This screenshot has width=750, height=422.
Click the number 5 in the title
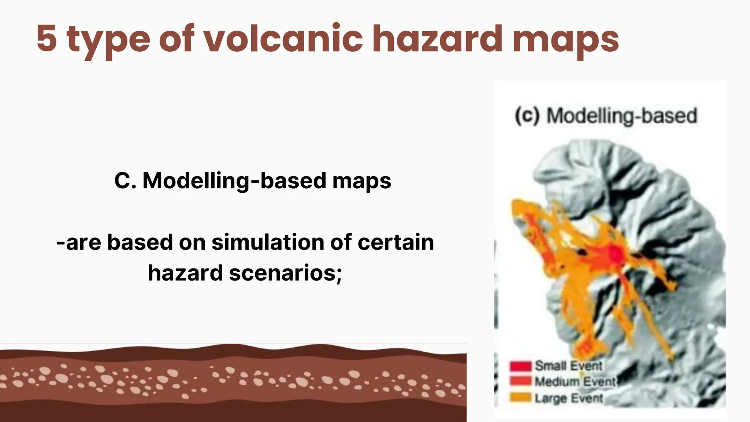[47, 38]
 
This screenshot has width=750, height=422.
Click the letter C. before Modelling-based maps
[125, 181]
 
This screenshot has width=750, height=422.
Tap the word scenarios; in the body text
[285, 273]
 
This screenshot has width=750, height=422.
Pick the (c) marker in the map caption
[527, 116]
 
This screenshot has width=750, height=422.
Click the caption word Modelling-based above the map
[622, 116]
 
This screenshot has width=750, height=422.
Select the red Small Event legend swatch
[520, 366]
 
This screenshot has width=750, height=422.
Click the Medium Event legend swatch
[520, 381]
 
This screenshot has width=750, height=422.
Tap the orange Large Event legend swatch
[520, 397]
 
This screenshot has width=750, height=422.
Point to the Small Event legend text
[568, 366]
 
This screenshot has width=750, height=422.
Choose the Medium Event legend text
[575, 382]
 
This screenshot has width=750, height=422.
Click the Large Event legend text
[569, 398]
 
